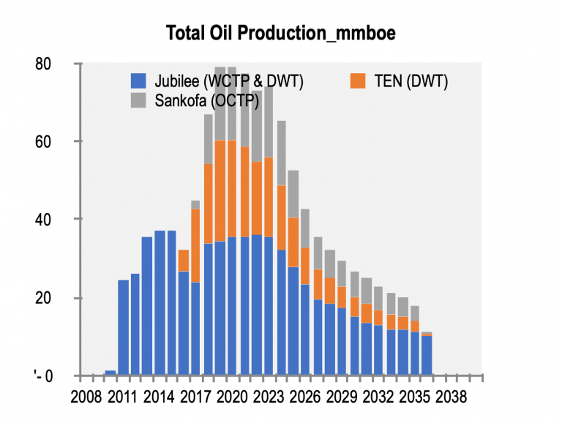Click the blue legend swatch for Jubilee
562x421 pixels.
click(138, 81)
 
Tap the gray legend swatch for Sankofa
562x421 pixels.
click(138, 100)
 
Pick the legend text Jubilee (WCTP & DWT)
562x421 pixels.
click(229, 81)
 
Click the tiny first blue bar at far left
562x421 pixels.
click(110, 373)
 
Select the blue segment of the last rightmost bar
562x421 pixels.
click(427, 356)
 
